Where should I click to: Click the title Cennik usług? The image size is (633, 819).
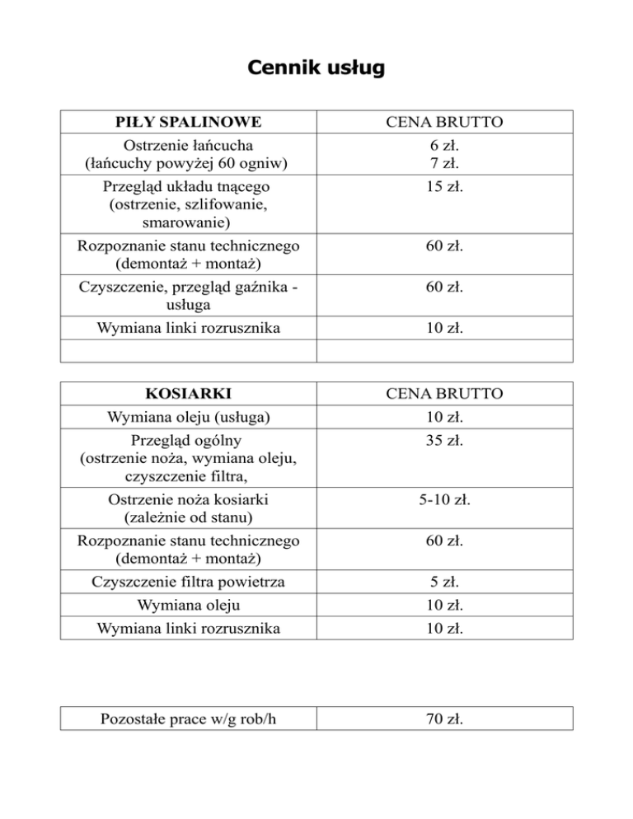[316, 68]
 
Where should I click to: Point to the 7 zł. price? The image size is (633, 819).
[445, 163]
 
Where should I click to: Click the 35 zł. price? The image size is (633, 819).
[445, 440]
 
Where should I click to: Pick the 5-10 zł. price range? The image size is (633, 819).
[445, 500]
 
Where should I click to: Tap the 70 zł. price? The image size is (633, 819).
[445, 719]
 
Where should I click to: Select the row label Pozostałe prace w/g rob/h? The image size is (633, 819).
[188, 719]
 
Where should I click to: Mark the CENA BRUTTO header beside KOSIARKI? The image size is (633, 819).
[445, 394]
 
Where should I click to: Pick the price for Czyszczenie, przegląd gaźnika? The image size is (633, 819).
[445, 288]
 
